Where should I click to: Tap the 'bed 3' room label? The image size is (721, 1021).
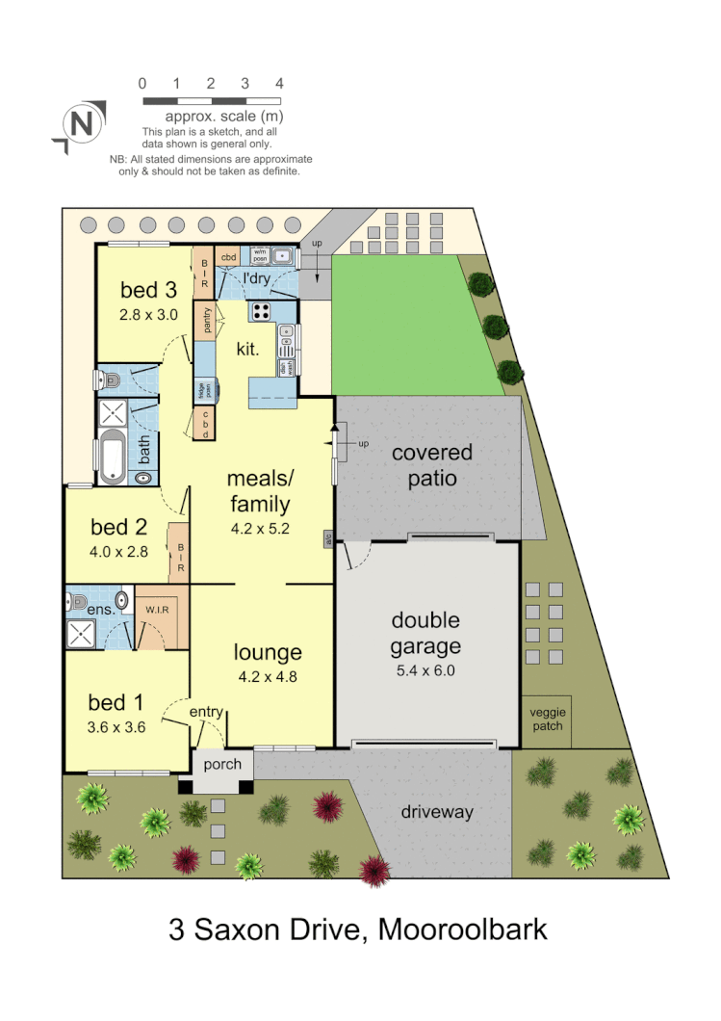(x=148, y=289)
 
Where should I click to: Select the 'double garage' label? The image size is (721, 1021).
(x=425, y=633)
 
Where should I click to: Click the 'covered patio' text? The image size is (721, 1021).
(x=431, y=464)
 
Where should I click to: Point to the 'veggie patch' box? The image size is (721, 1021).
(x=546, y=720)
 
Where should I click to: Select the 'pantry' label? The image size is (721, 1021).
(x=204, y=320)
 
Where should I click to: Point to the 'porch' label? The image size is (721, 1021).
(x=223, y=765)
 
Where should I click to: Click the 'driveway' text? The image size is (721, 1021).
(x=437, y=812)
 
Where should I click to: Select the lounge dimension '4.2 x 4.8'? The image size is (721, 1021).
(x=268, y=676)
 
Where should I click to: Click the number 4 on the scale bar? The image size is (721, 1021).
(x=279, y=84)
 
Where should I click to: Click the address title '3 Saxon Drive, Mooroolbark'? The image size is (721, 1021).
(x=358, y=929)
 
